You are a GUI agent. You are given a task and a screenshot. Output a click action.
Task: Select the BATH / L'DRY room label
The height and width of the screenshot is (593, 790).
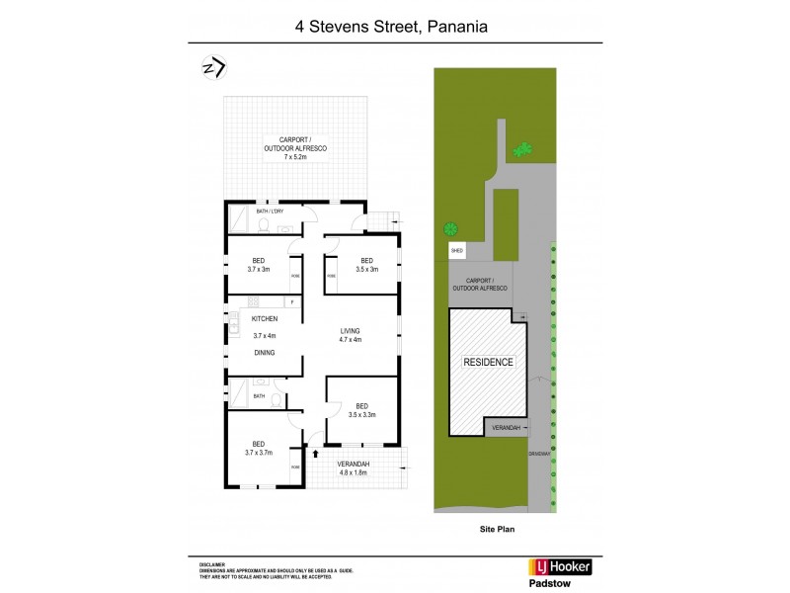tap(270, 212)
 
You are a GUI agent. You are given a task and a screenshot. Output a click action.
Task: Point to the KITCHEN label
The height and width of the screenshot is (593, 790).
tap(264, 319)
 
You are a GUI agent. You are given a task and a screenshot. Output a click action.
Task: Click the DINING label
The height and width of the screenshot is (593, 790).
tap(264, 352)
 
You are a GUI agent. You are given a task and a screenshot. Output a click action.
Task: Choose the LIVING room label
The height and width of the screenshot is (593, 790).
tap(351, 330)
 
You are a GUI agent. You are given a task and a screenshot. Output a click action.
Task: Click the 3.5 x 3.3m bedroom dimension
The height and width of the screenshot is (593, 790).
tap(363, 414)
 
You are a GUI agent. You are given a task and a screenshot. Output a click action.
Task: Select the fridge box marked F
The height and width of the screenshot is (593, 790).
tap(292, 301)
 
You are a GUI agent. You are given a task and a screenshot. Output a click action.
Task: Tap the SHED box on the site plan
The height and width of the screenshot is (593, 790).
tap(457, 251)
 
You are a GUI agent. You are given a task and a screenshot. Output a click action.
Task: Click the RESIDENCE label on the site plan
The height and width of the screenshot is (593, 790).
tap(488, 362)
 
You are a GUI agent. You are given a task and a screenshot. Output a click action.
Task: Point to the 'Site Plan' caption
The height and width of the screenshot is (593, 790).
tap(491, 529)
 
